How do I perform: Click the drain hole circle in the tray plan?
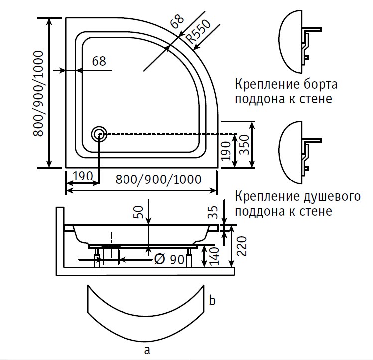(99, 134)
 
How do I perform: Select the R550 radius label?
(196, 33)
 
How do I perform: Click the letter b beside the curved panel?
(212, 301)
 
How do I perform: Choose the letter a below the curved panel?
(147, 350)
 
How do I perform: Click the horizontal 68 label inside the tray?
(99, 61)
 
